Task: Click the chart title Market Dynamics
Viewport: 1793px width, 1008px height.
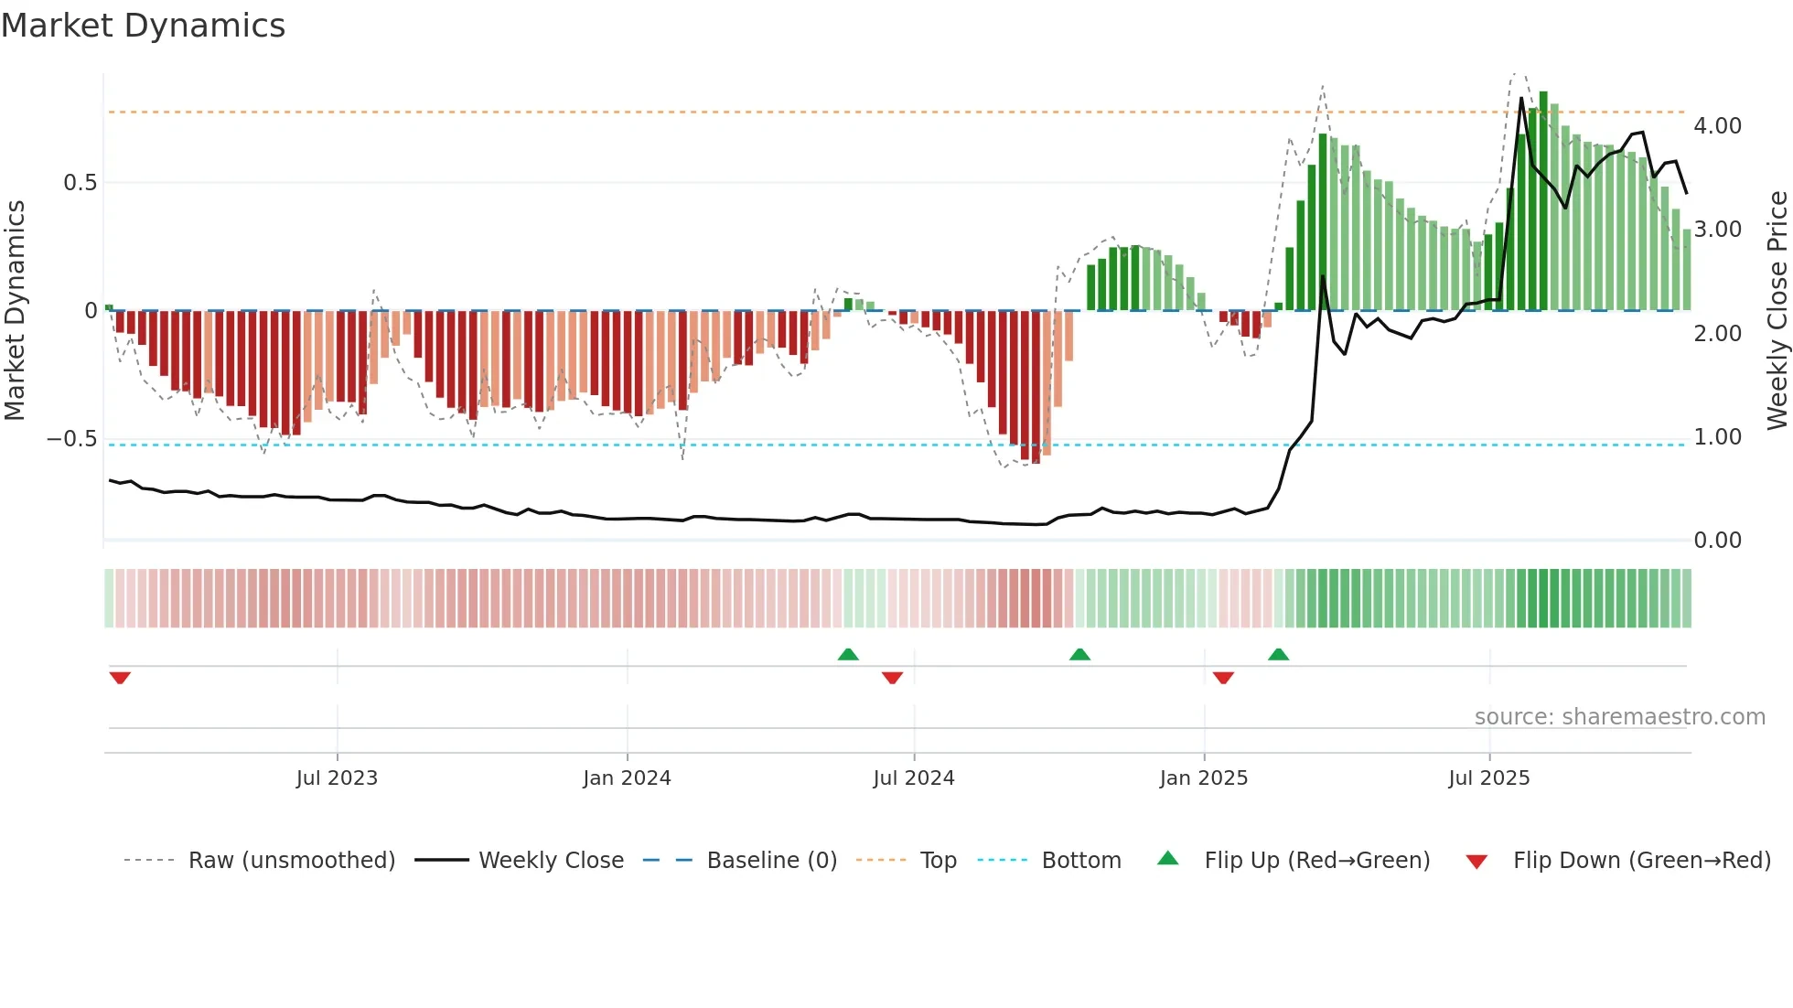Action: [143, 26]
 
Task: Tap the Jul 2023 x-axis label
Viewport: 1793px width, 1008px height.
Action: [337, 778]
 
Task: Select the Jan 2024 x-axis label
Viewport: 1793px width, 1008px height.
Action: [627, 778]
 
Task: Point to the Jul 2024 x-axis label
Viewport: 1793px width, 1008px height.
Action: [914, 778]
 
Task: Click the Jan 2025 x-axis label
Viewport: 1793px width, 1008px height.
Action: [1203, 778]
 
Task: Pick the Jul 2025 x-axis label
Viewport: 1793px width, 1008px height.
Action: [1489, 778]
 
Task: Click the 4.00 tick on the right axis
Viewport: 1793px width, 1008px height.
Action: [1717, 126]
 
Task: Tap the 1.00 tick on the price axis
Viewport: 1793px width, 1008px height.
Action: [1717, 437]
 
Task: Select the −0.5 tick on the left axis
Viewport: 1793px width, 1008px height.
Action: [71, 439]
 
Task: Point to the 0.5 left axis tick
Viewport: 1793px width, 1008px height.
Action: [80, 183]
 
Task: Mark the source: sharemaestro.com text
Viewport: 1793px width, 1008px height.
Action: [1619, 717]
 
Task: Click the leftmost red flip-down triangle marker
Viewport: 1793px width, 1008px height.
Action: [120, 678]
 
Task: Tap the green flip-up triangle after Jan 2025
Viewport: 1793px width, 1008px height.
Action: [1278, 654]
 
